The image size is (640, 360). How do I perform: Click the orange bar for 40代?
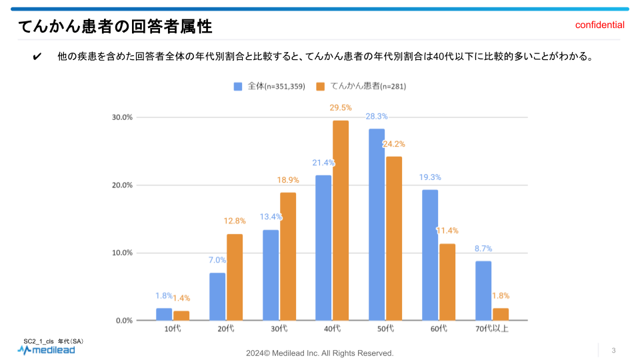tap(341, 220)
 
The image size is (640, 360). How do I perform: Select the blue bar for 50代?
tap(377, 224)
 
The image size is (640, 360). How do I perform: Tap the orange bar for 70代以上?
tap(501, 314)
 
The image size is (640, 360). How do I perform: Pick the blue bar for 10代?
tap(164, 314)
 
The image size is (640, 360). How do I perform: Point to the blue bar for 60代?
tap(430, 255)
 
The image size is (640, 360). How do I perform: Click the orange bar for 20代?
tap(235, 277)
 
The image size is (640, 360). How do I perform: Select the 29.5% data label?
tap(341, 107)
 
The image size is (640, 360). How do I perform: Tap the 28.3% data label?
tap(377, 116)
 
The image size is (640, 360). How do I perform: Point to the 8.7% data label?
tap(483, 248)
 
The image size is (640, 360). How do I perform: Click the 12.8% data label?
tap(235, 221)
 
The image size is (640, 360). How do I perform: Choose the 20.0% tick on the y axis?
tap(123, 185)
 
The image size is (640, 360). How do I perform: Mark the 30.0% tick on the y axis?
tap(123, 117)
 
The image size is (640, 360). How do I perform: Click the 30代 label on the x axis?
tap(279, 329)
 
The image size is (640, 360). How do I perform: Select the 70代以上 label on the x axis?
tap(492, 329)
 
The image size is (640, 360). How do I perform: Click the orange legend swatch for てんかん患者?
tap(321, 86)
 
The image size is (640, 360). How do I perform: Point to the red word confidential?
tap(600, 25)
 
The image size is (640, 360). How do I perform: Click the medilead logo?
tap(46, 349)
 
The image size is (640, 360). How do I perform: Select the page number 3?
tap(613, 351)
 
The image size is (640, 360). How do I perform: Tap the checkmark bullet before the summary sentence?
tap(37, 57)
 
